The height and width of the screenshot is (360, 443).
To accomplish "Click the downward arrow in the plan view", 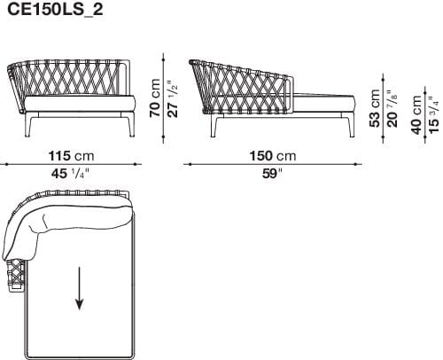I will coord(80,291).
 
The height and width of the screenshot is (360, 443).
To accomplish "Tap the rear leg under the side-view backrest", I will coord(215,129).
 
